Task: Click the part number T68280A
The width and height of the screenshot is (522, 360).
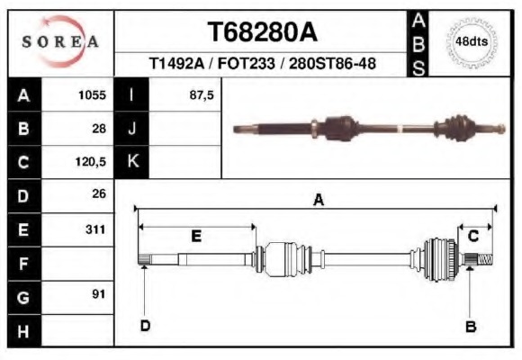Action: pyautogui.click(x=263, y=32)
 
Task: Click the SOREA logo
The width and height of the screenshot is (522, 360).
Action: pyautogui.click(x=60, y=42)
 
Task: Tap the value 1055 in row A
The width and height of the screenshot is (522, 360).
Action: pyautogui.click(x=93, y=94)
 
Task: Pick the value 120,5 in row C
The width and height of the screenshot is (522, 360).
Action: pyautogui.click(x=91, y=162)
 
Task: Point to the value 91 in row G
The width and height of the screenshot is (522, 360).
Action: pyautogui.click(x=99, y=294)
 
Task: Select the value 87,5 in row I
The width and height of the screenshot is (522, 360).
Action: pyautogui.click(x=202, y=94)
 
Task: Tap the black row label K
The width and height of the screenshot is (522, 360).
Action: pyautogui.click(x=132, y=162)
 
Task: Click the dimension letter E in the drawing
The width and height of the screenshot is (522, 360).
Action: pyautogui.click(x=196, y=236)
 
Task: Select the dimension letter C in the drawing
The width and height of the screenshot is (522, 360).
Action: pyautogui.click(x=472, y=236)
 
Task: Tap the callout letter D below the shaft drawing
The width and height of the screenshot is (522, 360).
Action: pyautogui.click(x=144, y=325)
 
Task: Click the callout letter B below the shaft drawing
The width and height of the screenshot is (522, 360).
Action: pyautogui.click(x=470, y=327)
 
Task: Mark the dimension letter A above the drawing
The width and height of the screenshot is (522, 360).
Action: pyautogui.click(x=318, y=200)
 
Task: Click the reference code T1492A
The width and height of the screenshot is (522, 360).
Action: pyautogui.click(x=178, y=65)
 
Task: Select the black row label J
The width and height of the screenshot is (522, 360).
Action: pyautogui.click(x=132, y=129)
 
